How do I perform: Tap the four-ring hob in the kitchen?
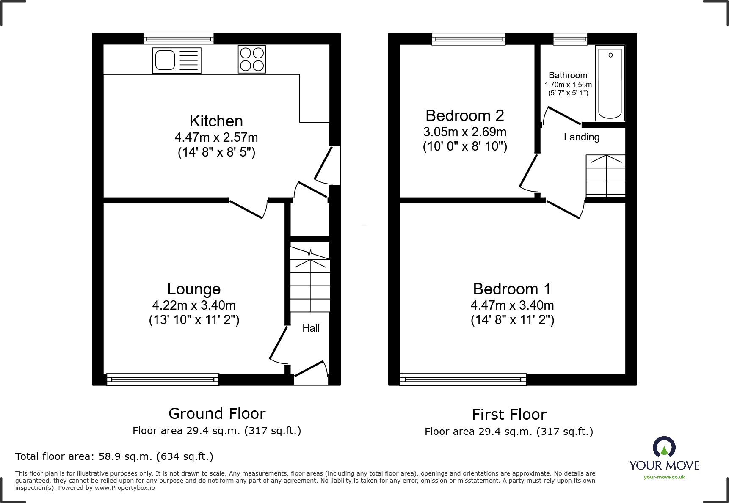[252, 59]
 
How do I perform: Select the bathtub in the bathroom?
[610, 83]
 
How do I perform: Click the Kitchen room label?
[216, 121]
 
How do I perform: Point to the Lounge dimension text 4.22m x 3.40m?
[194, 305]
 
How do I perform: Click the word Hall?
[311, 328]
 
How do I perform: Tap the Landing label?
[581, 137]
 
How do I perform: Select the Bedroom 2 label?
[464, 115]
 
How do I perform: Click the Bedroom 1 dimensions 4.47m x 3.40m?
[512, 305]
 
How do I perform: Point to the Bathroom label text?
[568, 75]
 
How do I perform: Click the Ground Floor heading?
[217, 413]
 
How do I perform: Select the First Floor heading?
[509, 415]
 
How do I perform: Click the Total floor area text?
[114, 456]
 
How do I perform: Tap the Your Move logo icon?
[664, 447]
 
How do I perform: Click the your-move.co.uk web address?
[664, 477]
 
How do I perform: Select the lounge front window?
[163, 379]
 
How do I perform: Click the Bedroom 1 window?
[463, 379]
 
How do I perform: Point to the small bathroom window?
[570, 39]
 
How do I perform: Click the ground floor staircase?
[310, 279]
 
